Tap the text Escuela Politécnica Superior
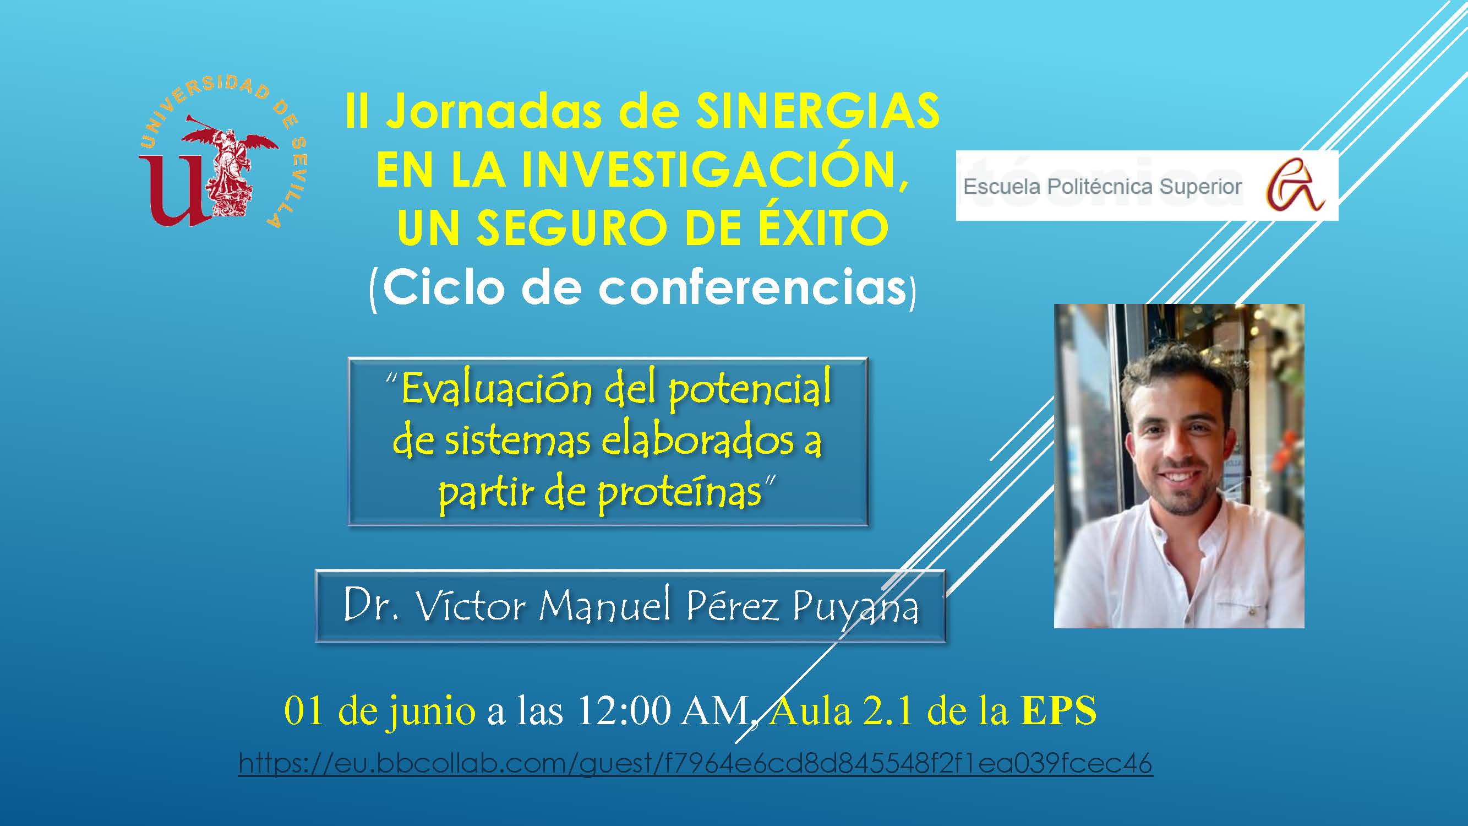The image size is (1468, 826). tap(1102, 187)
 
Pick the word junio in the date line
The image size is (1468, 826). tap(430, 713)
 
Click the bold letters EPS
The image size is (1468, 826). tap(1058, 711)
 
